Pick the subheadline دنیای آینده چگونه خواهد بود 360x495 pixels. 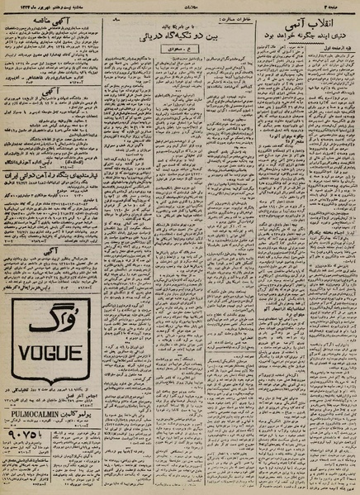point(306,36)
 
